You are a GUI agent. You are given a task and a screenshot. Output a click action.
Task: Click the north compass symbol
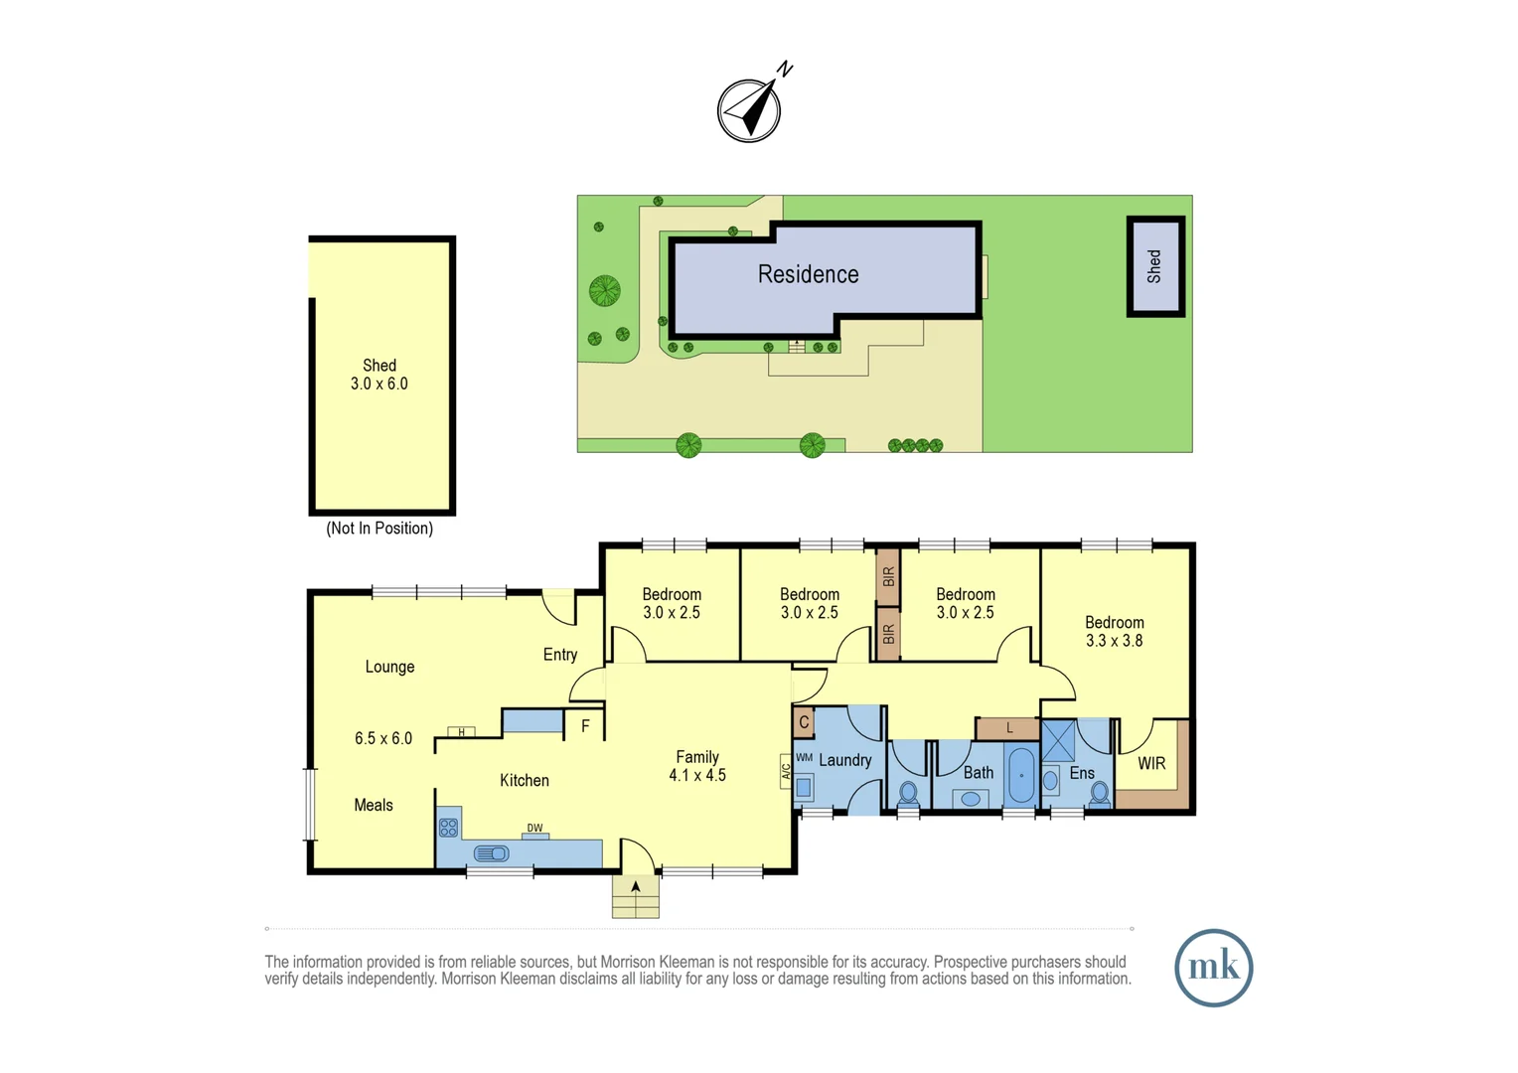coord(750,109)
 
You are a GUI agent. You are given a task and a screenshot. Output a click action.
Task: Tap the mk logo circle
coord(1213,968)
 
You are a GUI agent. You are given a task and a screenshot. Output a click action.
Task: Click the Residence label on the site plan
coord(808,274)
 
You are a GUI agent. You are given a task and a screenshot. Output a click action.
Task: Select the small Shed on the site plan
coord(1154,266)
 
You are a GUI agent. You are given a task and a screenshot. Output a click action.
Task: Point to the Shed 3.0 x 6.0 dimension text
coord(379,383)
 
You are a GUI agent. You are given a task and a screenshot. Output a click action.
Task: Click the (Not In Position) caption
coord(379,529)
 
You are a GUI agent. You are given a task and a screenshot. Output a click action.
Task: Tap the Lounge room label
coord(389,667)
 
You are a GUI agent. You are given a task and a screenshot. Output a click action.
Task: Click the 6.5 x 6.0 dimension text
coord(382,738)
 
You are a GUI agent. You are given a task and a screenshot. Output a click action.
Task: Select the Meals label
coord(374,805)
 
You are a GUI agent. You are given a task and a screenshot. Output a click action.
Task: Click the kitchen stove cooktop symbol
coord(449,827)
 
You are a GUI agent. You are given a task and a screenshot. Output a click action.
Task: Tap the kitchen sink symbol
coord(492,853)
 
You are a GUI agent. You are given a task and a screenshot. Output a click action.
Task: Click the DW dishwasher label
coord(534,828)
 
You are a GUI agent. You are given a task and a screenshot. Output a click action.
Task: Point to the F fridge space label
coord(585,726)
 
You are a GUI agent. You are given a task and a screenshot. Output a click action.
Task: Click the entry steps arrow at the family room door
coord(635,887)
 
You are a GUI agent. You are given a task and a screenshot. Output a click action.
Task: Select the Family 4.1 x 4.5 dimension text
coord(697,775)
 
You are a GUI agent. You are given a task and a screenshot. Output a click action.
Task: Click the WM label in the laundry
coord(804,758)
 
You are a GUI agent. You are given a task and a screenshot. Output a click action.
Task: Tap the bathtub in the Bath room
coord(1020,776)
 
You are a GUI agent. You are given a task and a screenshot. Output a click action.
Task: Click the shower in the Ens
coord(1058,741)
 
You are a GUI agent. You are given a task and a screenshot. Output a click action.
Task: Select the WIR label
coord(1151,763)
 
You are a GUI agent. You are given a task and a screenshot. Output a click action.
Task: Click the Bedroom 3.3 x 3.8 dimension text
coord(1114,641)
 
